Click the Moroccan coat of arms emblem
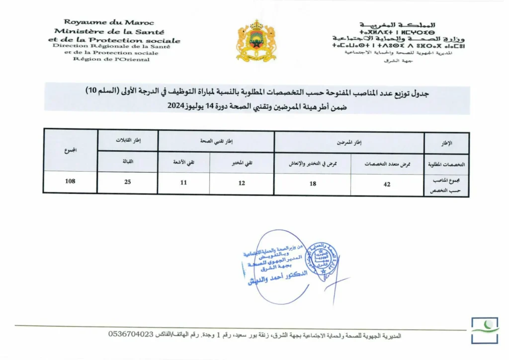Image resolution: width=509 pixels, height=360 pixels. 256,41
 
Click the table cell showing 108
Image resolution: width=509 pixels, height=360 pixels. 70,181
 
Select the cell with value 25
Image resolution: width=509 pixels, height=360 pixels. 128,182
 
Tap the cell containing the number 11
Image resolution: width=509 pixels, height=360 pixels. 183,182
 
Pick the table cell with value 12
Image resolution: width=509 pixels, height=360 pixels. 242,183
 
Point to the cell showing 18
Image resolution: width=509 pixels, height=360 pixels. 313,184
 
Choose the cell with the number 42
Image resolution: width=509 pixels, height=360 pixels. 387,184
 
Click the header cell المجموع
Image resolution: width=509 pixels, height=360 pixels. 70,151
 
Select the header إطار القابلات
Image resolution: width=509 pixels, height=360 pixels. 128,141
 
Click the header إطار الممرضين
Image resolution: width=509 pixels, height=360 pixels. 349,143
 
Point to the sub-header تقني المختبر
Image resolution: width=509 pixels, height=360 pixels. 242,162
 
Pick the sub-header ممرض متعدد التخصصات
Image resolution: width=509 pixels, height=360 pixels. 387,164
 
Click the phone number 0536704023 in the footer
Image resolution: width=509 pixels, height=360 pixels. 131,335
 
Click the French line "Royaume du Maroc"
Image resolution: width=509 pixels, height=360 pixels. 109,22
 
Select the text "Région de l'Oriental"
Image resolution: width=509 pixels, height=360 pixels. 111,60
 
